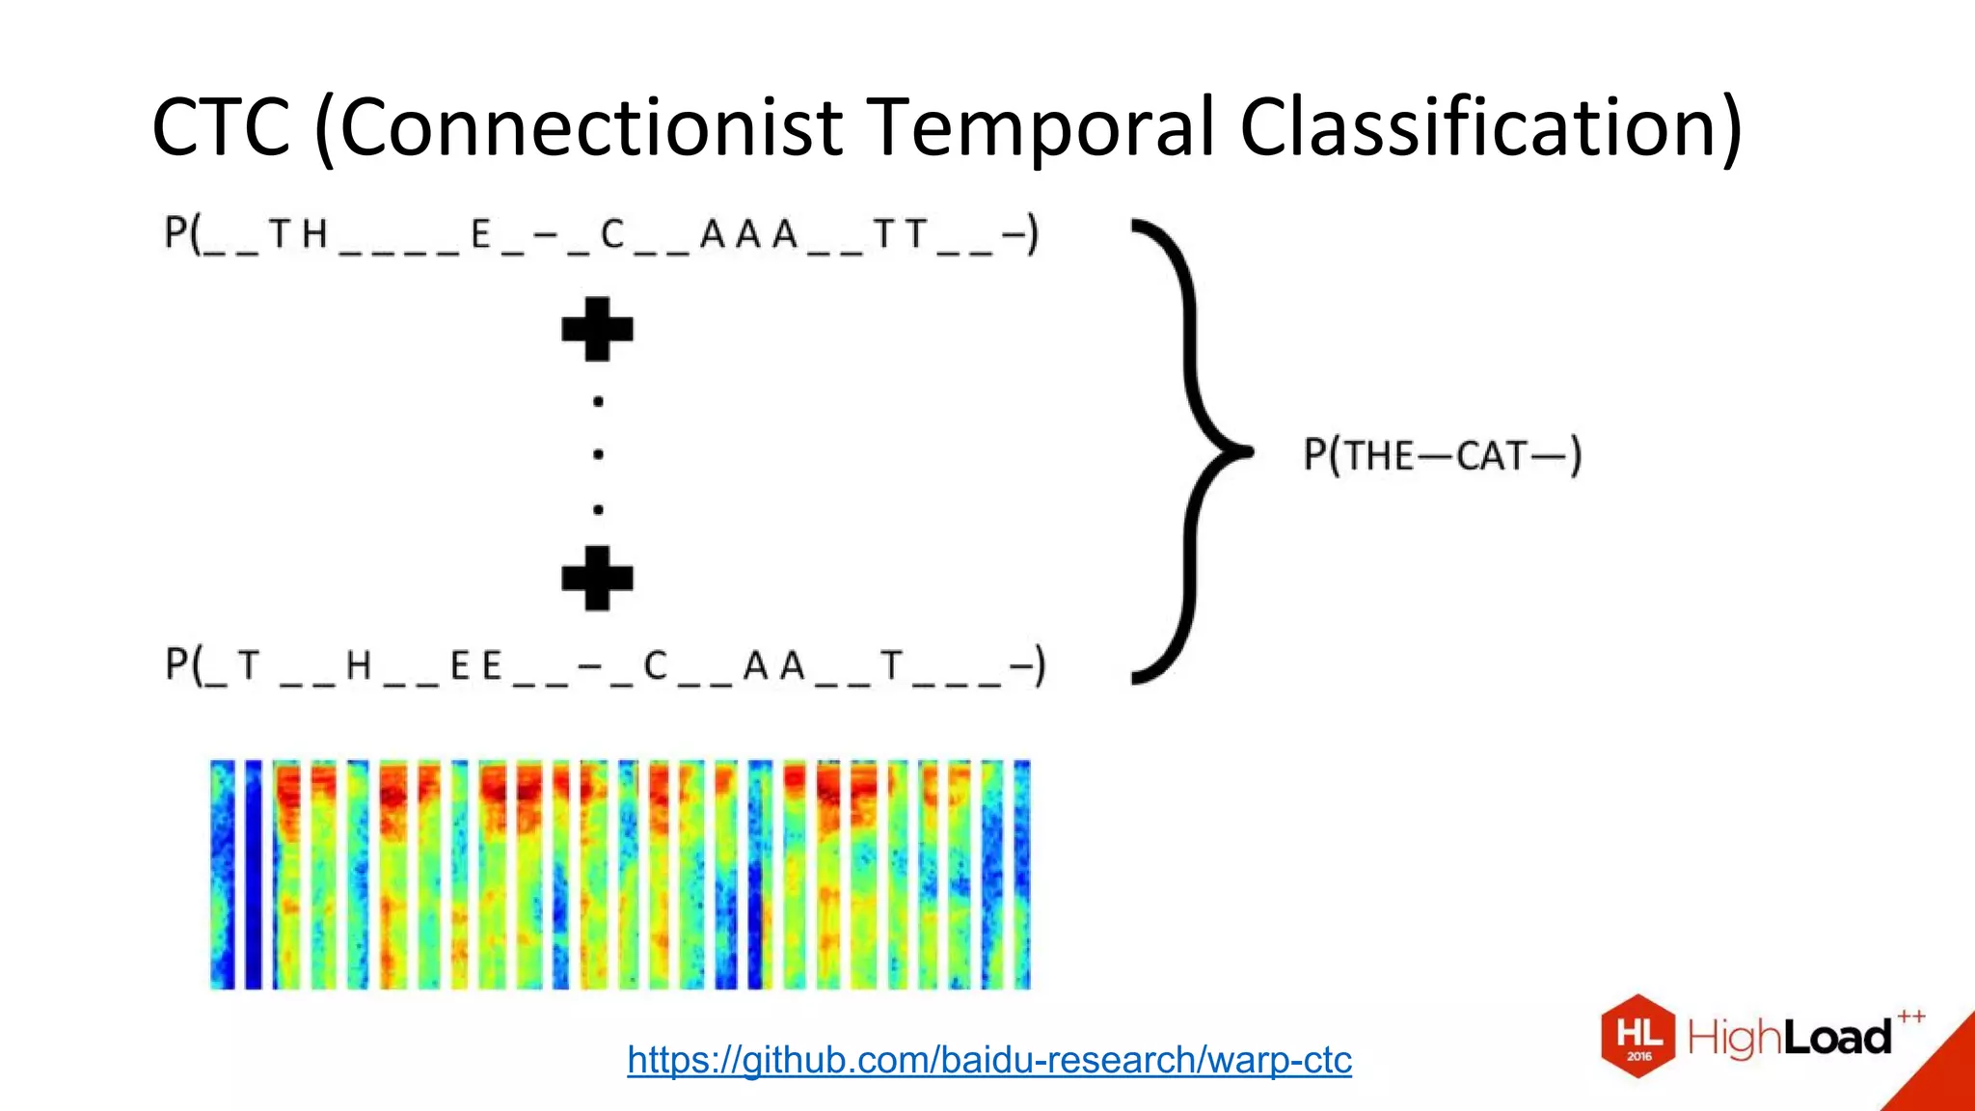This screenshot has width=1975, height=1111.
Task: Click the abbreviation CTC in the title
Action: (221, 127)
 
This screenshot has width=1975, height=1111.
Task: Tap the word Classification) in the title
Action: (1490, 127)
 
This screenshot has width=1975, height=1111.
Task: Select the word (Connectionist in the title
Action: (579, 127)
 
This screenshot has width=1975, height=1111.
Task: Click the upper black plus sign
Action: (597, 329)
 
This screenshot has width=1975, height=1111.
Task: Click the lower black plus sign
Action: (597, 578)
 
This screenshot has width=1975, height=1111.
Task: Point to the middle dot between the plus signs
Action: (598, 454)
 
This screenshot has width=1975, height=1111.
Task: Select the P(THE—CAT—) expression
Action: (1442, 455)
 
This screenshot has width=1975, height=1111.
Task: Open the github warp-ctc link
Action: (989, 1060)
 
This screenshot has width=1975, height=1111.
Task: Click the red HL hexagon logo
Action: (1637, 1036)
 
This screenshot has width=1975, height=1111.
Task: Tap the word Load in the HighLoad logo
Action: (1837, 1039)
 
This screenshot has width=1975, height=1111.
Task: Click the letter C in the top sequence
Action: (612, 234)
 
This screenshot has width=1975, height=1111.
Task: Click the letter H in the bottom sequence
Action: (358, 665)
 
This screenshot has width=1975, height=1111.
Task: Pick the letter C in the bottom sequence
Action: (655, 665)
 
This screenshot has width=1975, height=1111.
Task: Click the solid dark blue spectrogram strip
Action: (254, 874)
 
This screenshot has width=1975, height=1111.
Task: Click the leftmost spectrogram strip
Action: (222, 874)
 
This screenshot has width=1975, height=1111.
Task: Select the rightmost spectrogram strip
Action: (1021, 874)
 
